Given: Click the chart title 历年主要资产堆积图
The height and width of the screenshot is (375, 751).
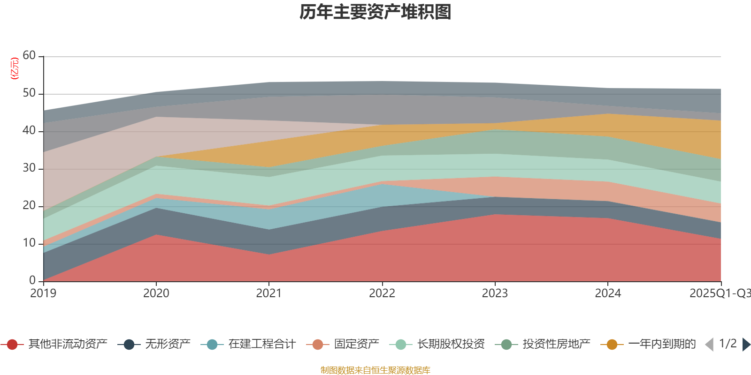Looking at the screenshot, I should (x=375, y=12).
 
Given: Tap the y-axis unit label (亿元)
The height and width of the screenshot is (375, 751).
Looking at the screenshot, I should (x=15, y=68).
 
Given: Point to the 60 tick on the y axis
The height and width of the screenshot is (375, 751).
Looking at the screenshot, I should (x=29, y=56).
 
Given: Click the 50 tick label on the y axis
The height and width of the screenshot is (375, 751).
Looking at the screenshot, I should (x=29, y=93).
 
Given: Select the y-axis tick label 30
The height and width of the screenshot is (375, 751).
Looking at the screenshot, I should (x=29, y=168).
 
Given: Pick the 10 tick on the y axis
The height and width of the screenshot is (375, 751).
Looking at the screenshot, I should (x=29, y=243).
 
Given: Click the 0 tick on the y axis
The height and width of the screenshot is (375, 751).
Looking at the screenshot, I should (x=32, y=280).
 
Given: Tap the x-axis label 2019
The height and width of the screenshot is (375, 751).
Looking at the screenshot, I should (x=43, y=293).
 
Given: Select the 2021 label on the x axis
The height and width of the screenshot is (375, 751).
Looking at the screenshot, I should (x=268, y=293).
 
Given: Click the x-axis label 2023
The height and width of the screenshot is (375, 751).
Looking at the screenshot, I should (x=495, y=293).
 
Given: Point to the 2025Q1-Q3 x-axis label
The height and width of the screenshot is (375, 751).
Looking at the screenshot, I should (x=720, y=293).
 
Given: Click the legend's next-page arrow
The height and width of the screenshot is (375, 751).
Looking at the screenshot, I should (x=746, y=345).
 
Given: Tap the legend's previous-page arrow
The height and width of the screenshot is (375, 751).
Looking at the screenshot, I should (x=709, y=345).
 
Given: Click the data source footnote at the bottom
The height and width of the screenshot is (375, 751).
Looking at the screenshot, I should (x=375, y=370).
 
